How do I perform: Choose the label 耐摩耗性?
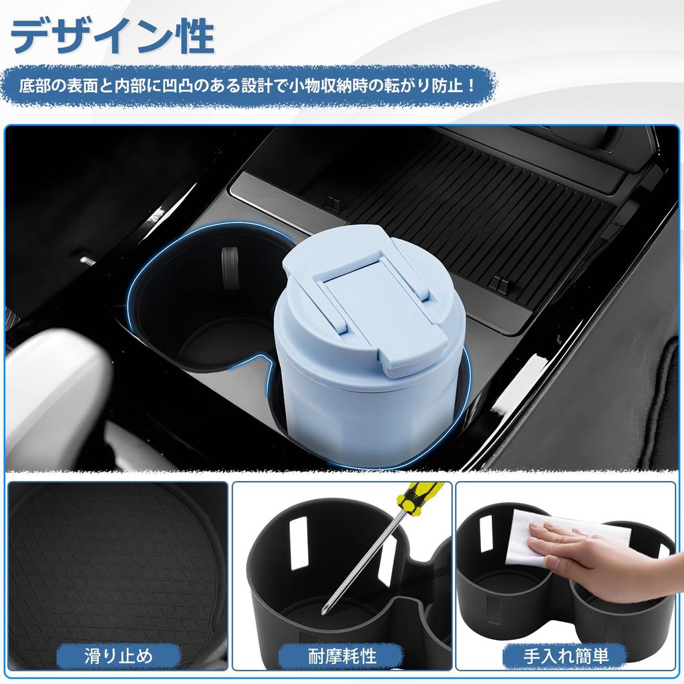(341, 655)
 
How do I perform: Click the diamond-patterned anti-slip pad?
(107, 568)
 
